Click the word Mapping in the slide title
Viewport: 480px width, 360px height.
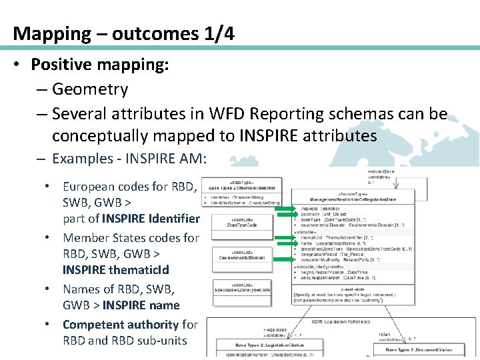point(51,33)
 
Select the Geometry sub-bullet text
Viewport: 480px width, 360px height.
point(89,89)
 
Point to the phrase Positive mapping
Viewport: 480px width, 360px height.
point(99,65)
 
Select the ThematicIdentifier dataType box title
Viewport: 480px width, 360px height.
point(244,187)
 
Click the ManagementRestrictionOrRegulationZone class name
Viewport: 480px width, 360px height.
point(353,199)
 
